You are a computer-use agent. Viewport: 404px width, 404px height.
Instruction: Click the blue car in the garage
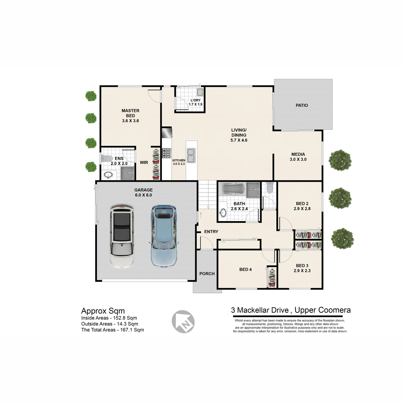pyautogui.click(x=164, y=236)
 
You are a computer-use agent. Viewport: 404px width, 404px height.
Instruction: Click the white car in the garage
pyautogui.click(x=122, y=236)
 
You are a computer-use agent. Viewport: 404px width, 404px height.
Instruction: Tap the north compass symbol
pyautogui.click(x=183, y=322)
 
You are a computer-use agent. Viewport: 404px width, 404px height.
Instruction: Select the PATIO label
pyautogui.click(x=302, y=105)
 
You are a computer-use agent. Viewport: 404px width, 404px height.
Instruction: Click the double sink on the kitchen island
pyautogui.click(x=191, y=155)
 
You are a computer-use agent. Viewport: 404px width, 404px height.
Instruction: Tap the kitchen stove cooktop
pyautogui.click(x=167, y=153)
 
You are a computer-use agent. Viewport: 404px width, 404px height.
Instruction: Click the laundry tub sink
pyautogui.click(x=200, y=92)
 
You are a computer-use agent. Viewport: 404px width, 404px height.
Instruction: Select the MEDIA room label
pyautogui.click(x=298, y=154)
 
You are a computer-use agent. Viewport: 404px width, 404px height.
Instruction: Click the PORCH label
pyautogui.click(x=207, y=274)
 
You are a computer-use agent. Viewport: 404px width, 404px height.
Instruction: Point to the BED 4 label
pyautogui.click(x=245, y=269)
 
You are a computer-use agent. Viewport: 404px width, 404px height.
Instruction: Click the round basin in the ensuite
pyautogui.click(x=108, y=175)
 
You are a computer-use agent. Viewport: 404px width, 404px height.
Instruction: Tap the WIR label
pyautogui.click(x=144, y=163)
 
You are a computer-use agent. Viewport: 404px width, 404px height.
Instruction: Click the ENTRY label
pyautogui.click(x=211, y=231)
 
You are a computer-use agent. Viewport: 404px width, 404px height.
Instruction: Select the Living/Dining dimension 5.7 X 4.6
pyautogui.click(x=239, y=140)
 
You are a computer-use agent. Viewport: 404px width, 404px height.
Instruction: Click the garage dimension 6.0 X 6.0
pyautogui.click(x=143, y=195)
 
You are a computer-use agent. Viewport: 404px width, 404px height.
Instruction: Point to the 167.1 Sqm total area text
pyautogui.click(x=132, y=330)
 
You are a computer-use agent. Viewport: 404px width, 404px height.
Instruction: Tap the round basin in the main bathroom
pyautogui.click(x=223, y=213)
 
